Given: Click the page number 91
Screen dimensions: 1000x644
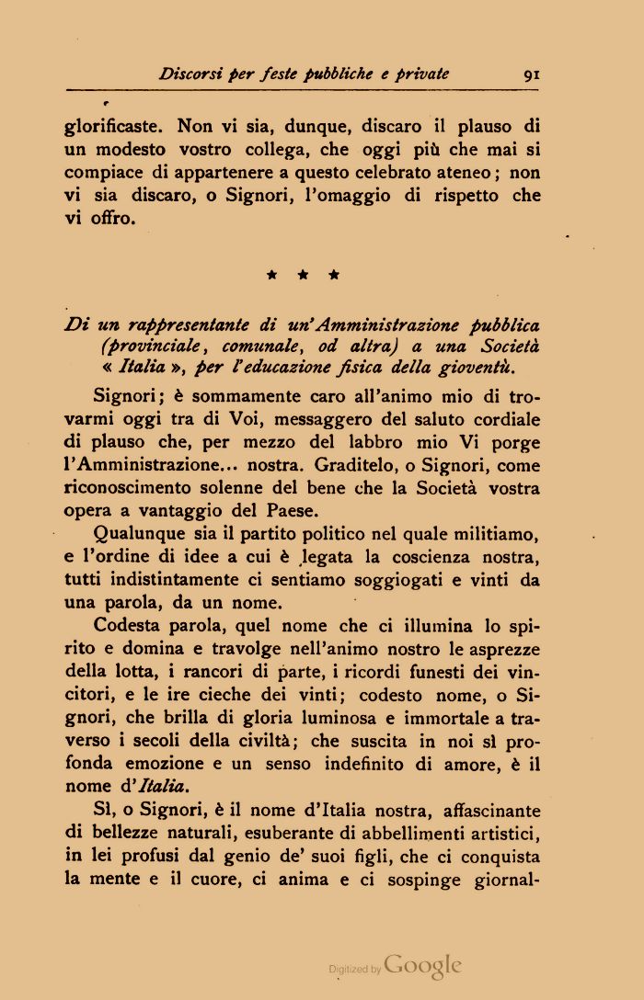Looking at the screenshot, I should (x=531, y=75).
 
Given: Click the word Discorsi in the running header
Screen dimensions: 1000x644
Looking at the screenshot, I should (x=190, y=74).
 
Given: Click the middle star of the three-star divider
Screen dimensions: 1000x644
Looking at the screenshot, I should (x=302, y=274).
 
